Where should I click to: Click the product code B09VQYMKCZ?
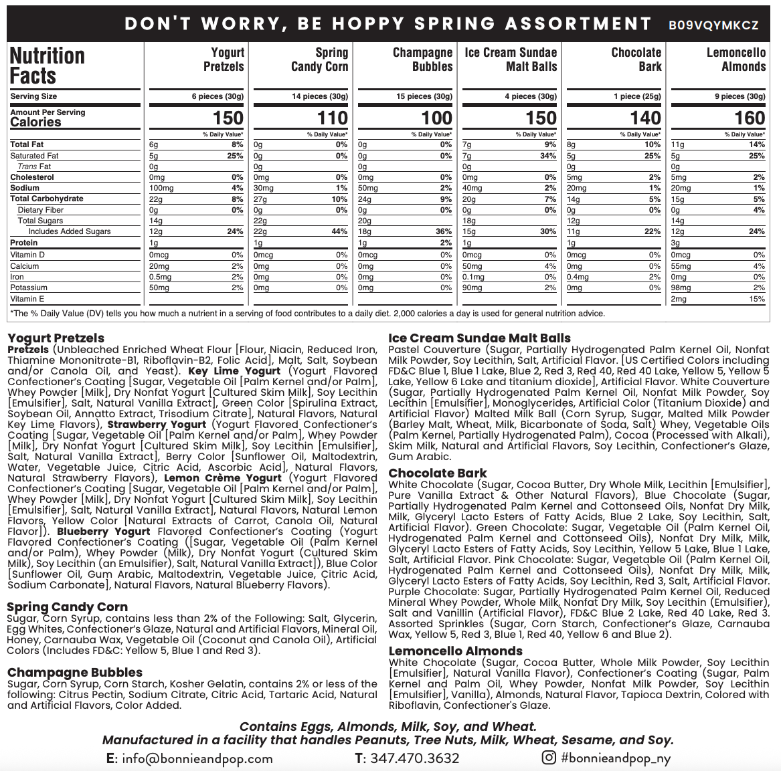point(713,25)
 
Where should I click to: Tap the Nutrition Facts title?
point(48,66)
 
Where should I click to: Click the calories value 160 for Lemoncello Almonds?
point(749,118)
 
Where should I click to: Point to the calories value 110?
point(332,118)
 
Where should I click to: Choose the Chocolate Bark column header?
point(636,59)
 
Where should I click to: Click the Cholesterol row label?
point(32,177)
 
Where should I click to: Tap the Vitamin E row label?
point(27,299)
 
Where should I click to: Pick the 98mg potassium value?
point(681,288)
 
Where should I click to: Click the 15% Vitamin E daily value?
point(757,299)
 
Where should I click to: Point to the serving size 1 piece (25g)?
point(636,96)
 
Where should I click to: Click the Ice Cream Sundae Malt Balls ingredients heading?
point(479,338)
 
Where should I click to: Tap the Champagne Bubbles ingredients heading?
point(75,672)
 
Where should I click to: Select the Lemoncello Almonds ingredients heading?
point(456,651)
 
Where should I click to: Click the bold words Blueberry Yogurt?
point(104,532)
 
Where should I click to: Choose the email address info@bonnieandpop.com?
point(189,758)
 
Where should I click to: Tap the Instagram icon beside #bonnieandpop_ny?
point(549,758)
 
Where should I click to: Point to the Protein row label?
point(24,243)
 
